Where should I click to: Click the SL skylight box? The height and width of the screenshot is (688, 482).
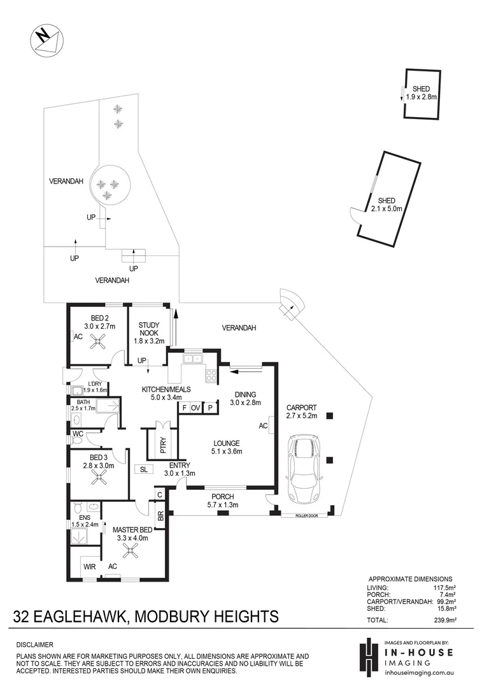143,469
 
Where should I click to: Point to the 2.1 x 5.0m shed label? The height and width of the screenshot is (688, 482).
387,204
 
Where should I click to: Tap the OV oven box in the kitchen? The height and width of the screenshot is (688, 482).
195,407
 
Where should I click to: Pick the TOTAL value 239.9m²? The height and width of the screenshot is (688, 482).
448,619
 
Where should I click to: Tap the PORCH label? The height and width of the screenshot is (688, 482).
222,497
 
